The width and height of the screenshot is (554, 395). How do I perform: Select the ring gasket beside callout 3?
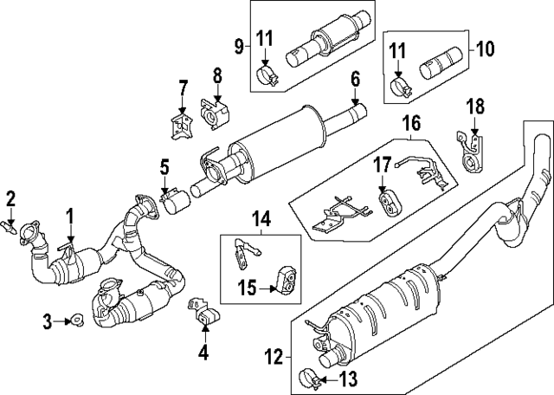point(77,321)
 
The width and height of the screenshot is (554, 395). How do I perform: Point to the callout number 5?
point(164,165)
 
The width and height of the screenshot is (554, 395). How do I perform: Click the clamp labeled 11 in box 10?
point(401,87)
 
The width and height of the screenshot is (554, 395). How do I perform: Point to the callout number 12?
point(274,356)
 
